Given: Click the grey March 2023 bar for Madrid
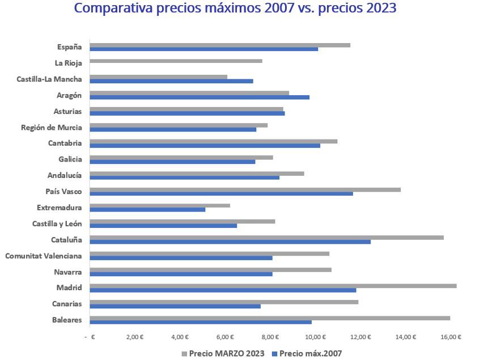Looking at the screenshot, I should click(x=273, y=286).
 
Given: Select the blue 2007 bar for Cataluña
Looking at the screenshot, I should click(x=230, y=242).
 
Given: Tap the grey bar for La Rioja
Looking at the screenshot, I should click(x=176, y=61).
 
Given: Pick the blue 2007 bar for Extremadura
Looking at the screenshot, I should click(x=147, y=210).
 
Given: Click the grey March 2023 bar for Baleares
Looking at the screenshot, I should click(x=270, y=318).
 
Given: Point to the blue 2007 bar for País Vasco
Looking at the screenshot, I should click(x=221, y=194).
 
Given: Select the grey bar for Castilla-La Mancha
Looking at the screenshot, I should click(x=158, y=77).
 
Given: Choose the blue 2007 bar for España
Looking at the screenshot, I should click(x=203, y=49).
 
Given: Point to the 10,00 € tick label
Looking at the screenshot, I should click(x=315, y=337).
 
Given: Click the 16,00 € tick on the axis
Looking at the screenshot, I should click(x=450, y=337).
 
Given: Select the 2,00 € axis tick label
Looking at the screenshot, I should click(x=134, y=337).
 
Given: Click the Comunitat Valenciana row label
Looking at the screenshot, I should click(x=44, y=256).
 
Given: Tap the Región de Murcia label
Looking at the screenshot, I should click(x=51, y=128).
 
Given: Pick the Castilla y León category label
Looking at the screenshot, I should click(x=57, y=224).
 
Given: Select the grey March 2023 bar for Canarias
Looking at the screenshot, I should click(x=224, y=302).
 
